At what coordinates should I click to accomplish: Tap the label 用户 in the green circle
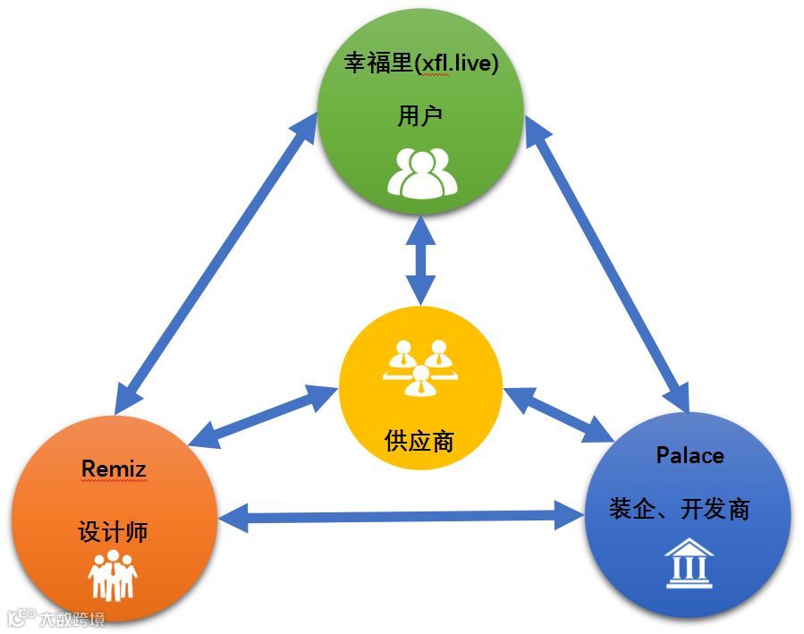[x=420, y=115]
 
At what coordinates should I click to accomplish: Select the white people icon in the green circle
[x=421, y=172]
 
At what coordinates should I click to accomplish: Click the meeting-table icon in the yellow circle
[x=419, y=367]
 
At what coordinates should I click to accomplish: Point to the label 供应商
[x=419, y=440]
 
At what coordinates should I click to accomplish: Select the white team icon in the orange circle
[x=113, y=574]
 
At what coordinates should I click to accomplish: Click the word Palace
[x=690, y=455]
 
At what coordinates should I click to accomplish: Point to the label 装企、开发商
[x=680, y=509]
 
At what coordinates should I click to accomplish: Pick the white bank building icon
[x=689, y=563]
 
